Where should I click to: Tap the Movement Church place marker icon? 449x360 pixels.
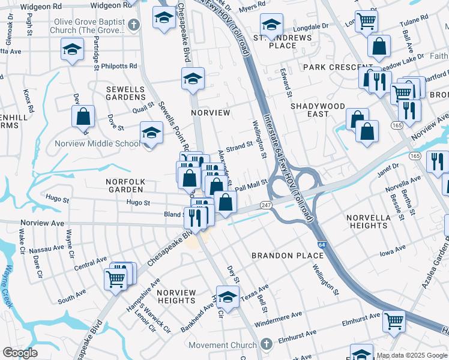pos(267,345)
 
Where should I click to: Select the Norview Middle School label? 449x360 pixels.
pos(106,143)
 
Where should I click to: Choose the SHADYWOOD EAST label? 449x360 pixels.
pos(318,110)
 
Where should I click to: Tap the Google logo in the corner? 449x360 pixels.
pos(20,353)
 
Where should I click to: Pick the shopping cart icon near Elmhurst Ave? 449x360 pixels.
pos(394,322)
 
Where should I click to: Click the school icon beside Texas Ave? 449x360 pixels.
pos(227,298)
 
